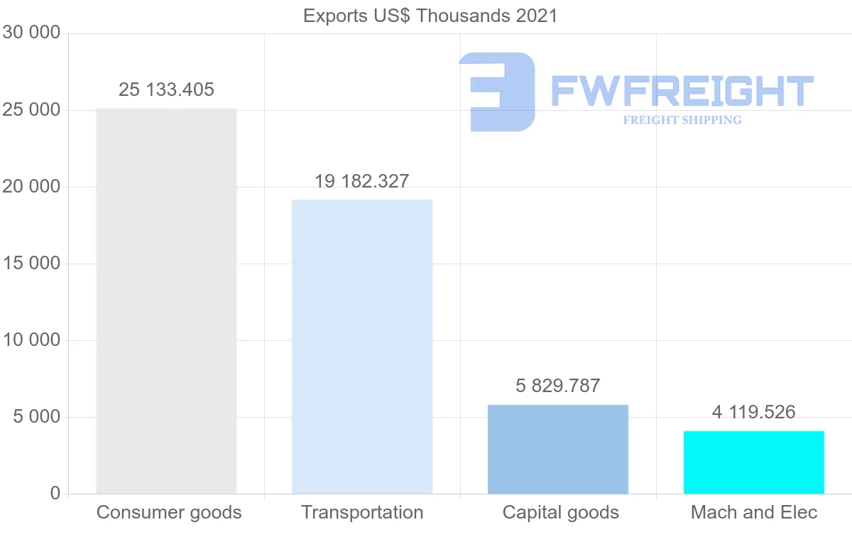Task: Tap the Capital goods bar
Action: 558,449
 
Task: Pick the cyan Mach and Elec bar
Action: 754,462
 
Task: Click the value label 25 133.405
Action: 166,90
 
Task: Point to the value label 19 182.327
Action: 362,181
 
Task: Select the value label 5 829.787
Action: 558,386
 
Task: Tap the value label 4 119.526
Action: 754,412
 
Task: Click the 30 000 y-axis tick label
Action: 31,33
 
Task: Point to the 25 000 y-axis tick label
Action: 31,110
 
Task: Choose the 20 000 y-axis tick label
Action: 31,187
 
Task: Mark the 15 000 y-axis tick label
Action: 31,264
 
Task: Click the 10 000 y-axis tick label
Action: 31,340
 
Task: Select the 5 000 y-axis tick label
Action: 36,417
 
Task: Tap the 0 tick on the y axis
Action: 55,494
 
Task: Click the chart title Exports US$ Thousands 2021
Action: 430,15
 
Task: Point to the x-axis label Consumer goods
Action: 169,512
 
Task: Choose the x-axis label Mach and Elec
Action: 754,512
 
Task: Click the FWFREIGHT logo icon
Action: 497,92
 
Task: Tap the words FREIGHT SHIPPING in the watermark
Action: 682,120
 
